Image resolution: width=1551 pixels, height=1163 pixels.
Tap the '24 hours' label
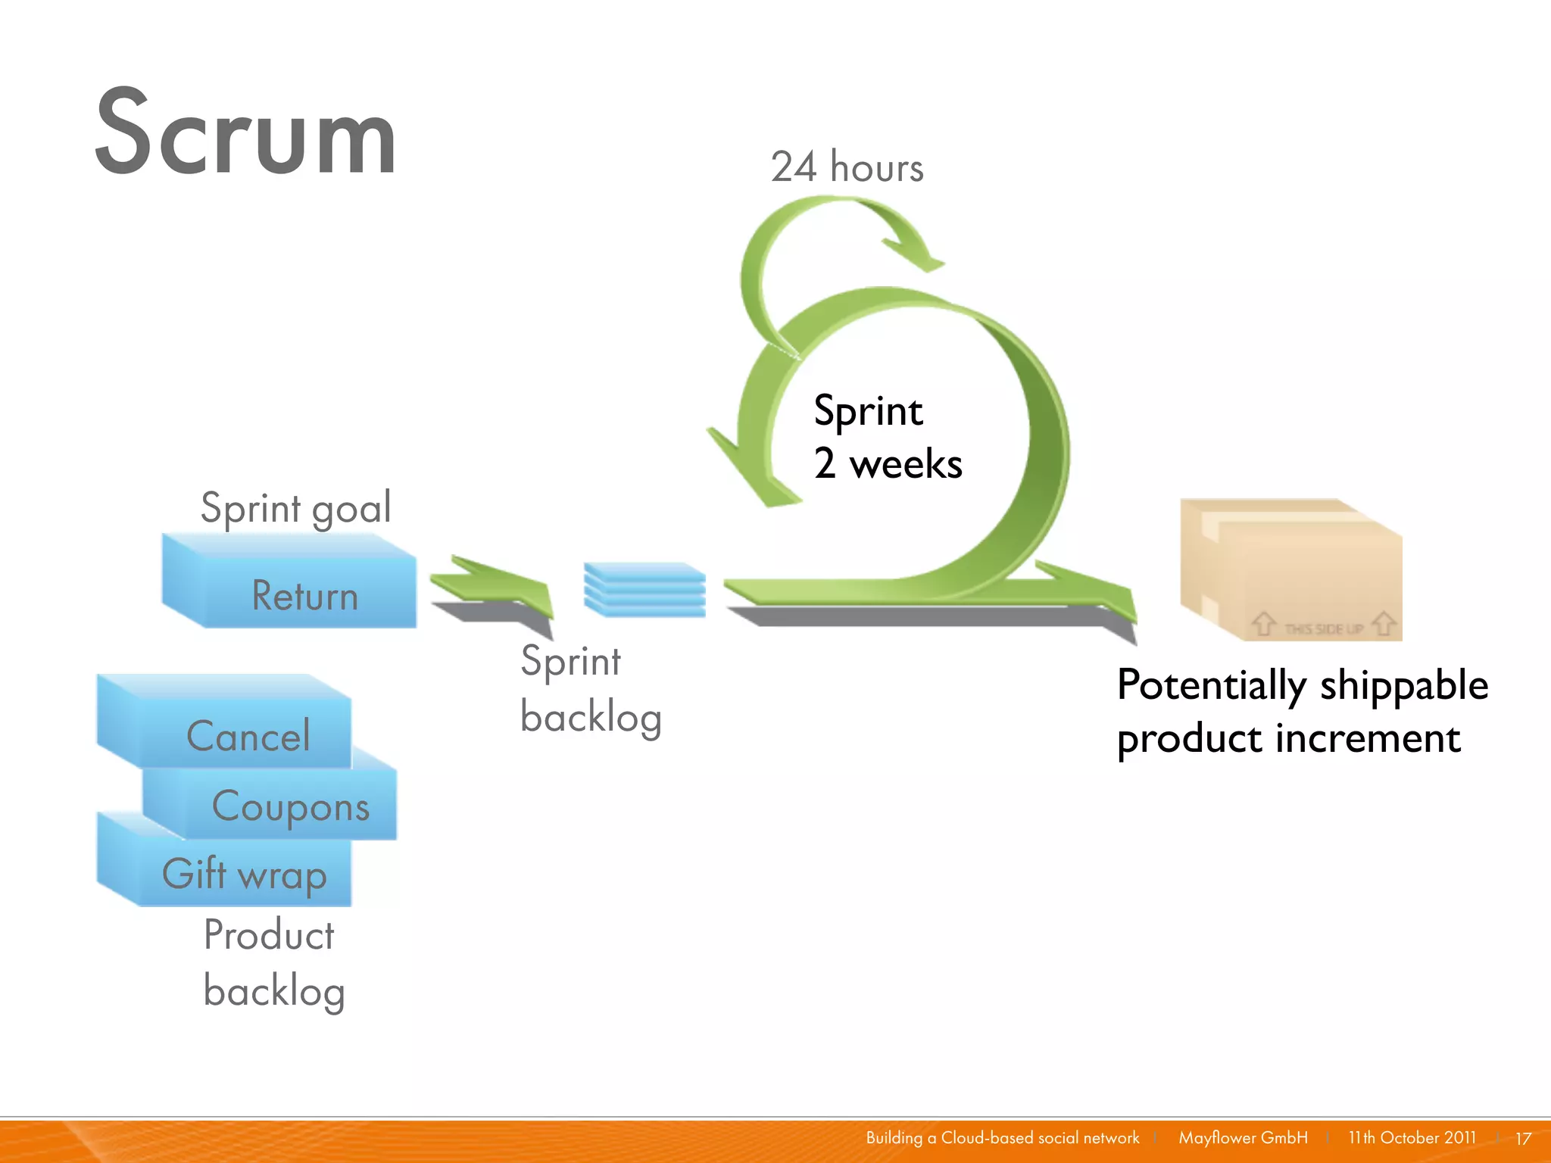click(847, 167)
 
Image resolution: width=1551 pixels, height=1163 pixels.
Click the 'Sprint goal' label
click(295, 507)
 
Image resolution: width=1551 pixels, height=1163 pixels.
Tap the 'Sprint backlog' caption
click(590, 688)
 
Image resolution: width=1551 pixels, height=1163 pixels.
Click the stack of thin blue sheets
click(644, 590)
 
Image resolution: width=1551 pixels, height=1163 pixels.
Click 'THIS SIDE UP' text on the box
click(1323, 628)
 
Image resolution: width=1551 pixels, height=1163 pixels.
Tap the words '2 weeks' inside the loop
click(888, 463)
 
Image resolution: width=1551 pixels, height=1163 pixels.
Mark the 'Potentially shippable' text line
click(1302, 685)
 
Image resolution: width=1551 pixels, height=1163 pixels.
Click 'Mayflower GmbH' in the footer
click(1243, 1137)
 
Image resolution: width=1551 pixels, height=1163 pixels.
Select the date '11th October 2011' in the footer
click(1412, 1137)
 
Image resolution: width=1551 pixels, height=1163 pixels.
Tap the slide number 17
click(1523, 1138)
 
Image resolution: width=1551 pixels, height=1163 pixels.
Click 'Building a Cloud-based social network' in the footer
click(1002, 1137)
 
